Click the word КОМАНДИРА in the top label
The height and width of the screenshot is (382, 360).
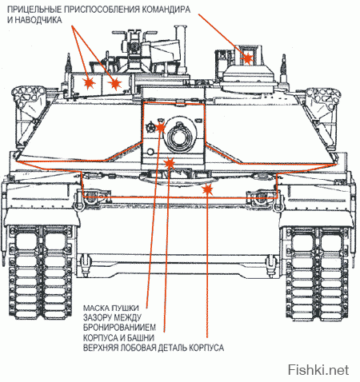click(166, 10)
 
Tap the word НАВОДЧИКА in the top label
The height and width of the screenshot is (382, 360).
click(38, 20)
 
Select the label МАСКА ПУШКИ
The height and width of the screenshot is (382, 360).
click(111, 308)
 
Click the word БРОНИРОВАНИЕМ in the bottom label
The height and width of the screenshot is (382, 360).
click(119, 327)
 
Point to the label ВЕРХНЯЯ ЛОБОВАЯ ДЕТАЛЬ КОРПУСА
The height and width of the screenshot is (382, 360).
click(154, 348)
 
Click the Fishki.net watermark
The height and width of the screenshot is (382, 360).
click(318, 370)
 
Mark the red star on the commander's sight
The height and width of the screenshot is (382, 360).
click(247, 58)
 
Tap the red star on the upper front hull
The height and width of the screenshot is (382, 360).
click(207, 189)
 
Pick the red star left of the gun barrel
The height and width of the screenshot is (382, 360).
click(160, 127)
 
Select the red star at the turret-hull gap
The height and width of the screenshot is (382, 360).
click(169, 162)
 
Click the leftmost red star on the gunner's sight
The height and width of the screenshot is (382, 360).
click(89, 82)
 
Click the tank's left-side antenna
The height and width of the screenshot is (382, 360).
click(69, 64)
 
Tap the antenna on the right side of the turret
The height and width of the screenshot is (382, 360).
click(283, 66)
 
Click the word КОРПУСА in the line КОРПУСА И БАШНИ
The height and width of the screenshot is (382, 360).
click(101, 337)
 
